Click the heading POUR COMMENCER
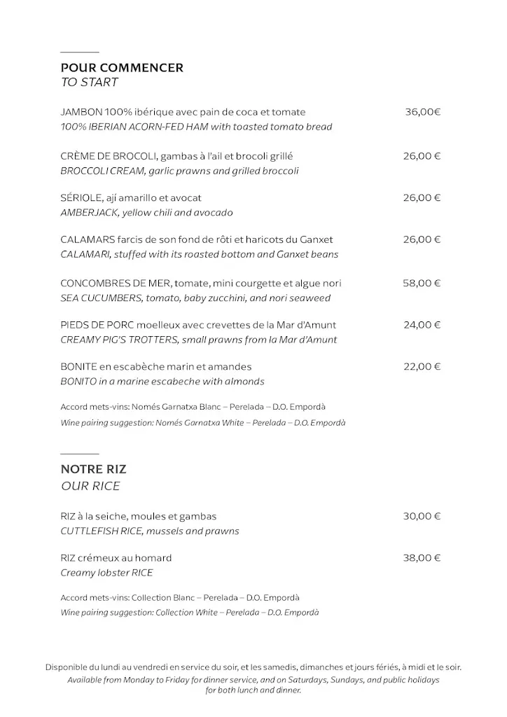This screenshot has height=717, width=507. click(122, 68)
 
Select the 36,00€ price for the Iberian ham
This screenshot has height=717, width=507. click(422, 112)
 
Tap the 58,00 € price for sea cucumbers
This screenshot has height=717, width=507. click(422, 283)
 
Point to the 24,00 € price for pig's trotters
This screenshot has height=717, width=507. click(422, 325)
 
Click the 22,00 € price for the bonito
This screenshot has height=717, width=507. click(422, 366)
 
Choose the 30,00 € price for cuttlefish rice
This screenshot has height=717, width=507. click(422, 516)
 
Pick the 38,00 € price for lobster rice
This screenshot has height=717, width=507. click(422, 558)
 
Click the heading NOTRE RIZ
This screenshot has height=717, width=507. click(93, 470)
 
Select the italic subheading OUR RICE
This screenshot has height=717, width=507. click(90, 486)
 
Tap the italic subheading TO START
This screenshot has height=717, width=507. click(89, 83)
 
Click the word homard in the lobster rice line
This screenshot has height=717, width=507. click(155, 558)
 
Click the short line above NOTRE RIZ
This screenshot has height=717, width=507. click(79, 454)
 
